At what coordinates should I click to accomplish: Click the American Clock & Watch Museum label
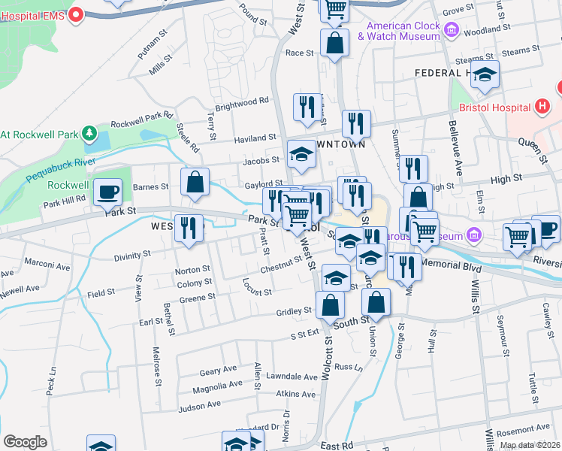[403, 30]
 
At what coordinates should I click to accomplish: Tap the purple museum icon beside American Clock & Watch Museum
[452, 30]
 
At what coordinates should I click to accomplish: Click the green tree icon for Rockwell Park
[89, 134]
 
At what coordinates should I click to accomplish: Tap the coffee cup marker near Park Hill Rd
[107, 192]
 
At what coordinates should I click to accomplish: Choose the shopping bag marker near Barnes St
[195, 182]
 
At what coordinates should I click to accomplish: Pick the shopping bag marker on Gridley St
[330, 305]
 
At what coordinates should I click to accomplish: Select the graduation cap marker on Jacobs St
[302, 154]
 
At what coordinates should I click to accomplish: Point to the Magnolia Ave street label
[217, 386]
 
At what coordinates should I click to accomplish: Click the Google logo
[25, 442]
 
